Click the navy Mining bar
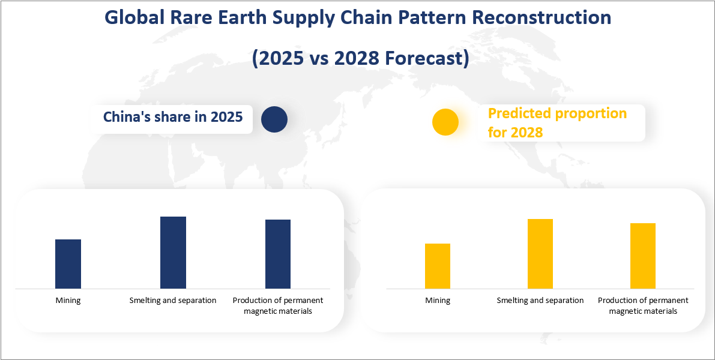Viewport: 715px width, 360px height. (x=68, y=264)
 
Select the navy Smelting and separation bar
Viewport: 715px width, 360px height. (x=173, y=253)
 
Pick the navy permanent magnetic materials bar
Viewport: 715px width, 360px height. (x=278, y=254)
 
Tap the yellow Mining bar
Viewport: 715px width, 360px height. (x=437, y=266)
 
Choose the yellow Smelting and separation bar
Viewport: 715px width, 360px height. (x=540, y=254)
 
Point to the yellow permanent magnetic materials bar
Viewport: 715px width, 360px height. (x=643, y=256)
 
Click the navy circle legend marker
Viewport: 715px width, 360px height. (x=274, y=119)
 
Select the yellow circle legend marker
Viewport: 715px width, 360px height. (x=445, y=122)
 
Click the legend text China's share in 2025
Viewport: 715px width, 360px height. (x=173, y=116)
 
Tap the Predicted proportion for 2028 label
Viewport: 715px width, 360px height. (x=557, y=122)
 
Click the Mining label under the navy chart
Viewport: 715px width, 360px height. (x=68, y=300)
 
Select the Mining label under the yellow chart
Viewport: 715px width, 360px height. (x=438, y=300)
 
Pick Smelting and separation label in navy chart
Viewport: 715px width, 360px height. (x=173, y=300)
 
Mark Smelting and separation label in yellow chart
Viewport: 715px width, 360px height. (x=540, y=300)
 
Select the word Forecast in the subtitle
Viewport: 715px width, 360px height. (x=422, y=58)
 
